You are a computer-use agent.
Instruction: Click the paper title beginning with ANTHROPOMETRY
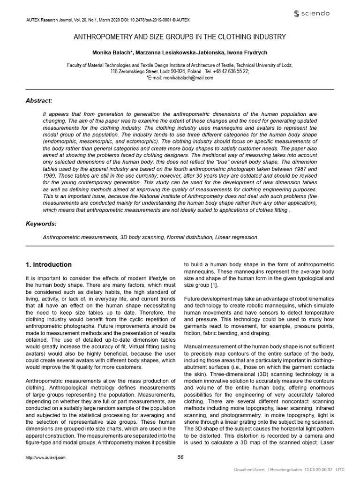pyautogui.click(x=180, y=36)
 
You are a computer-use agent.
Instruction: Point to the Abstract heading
pyautogui.click(x=39, y=100)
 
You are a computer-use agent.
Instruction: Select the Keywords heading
pyautogui.click(x=41, y=224)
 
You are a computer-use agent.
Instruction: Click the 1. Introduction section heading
pyautogui.click(x=49, y=264)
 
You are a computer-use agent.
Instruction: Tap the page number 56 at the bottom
pyautogui.click(x=180, y=457)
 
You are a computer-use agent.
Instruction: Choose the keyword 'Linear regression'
pyautogui.click(x=236, y=237)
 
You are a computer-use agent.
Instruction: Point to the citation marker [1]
pyautogui.click(x=214, y=285)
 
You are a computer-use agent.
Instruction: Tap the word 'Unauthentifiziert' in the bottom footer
pyautogui.click(x=249, y=470)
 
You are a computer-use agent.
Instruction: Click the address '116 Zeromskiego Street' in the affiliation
pyautogui.click(x=135, y=71)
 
